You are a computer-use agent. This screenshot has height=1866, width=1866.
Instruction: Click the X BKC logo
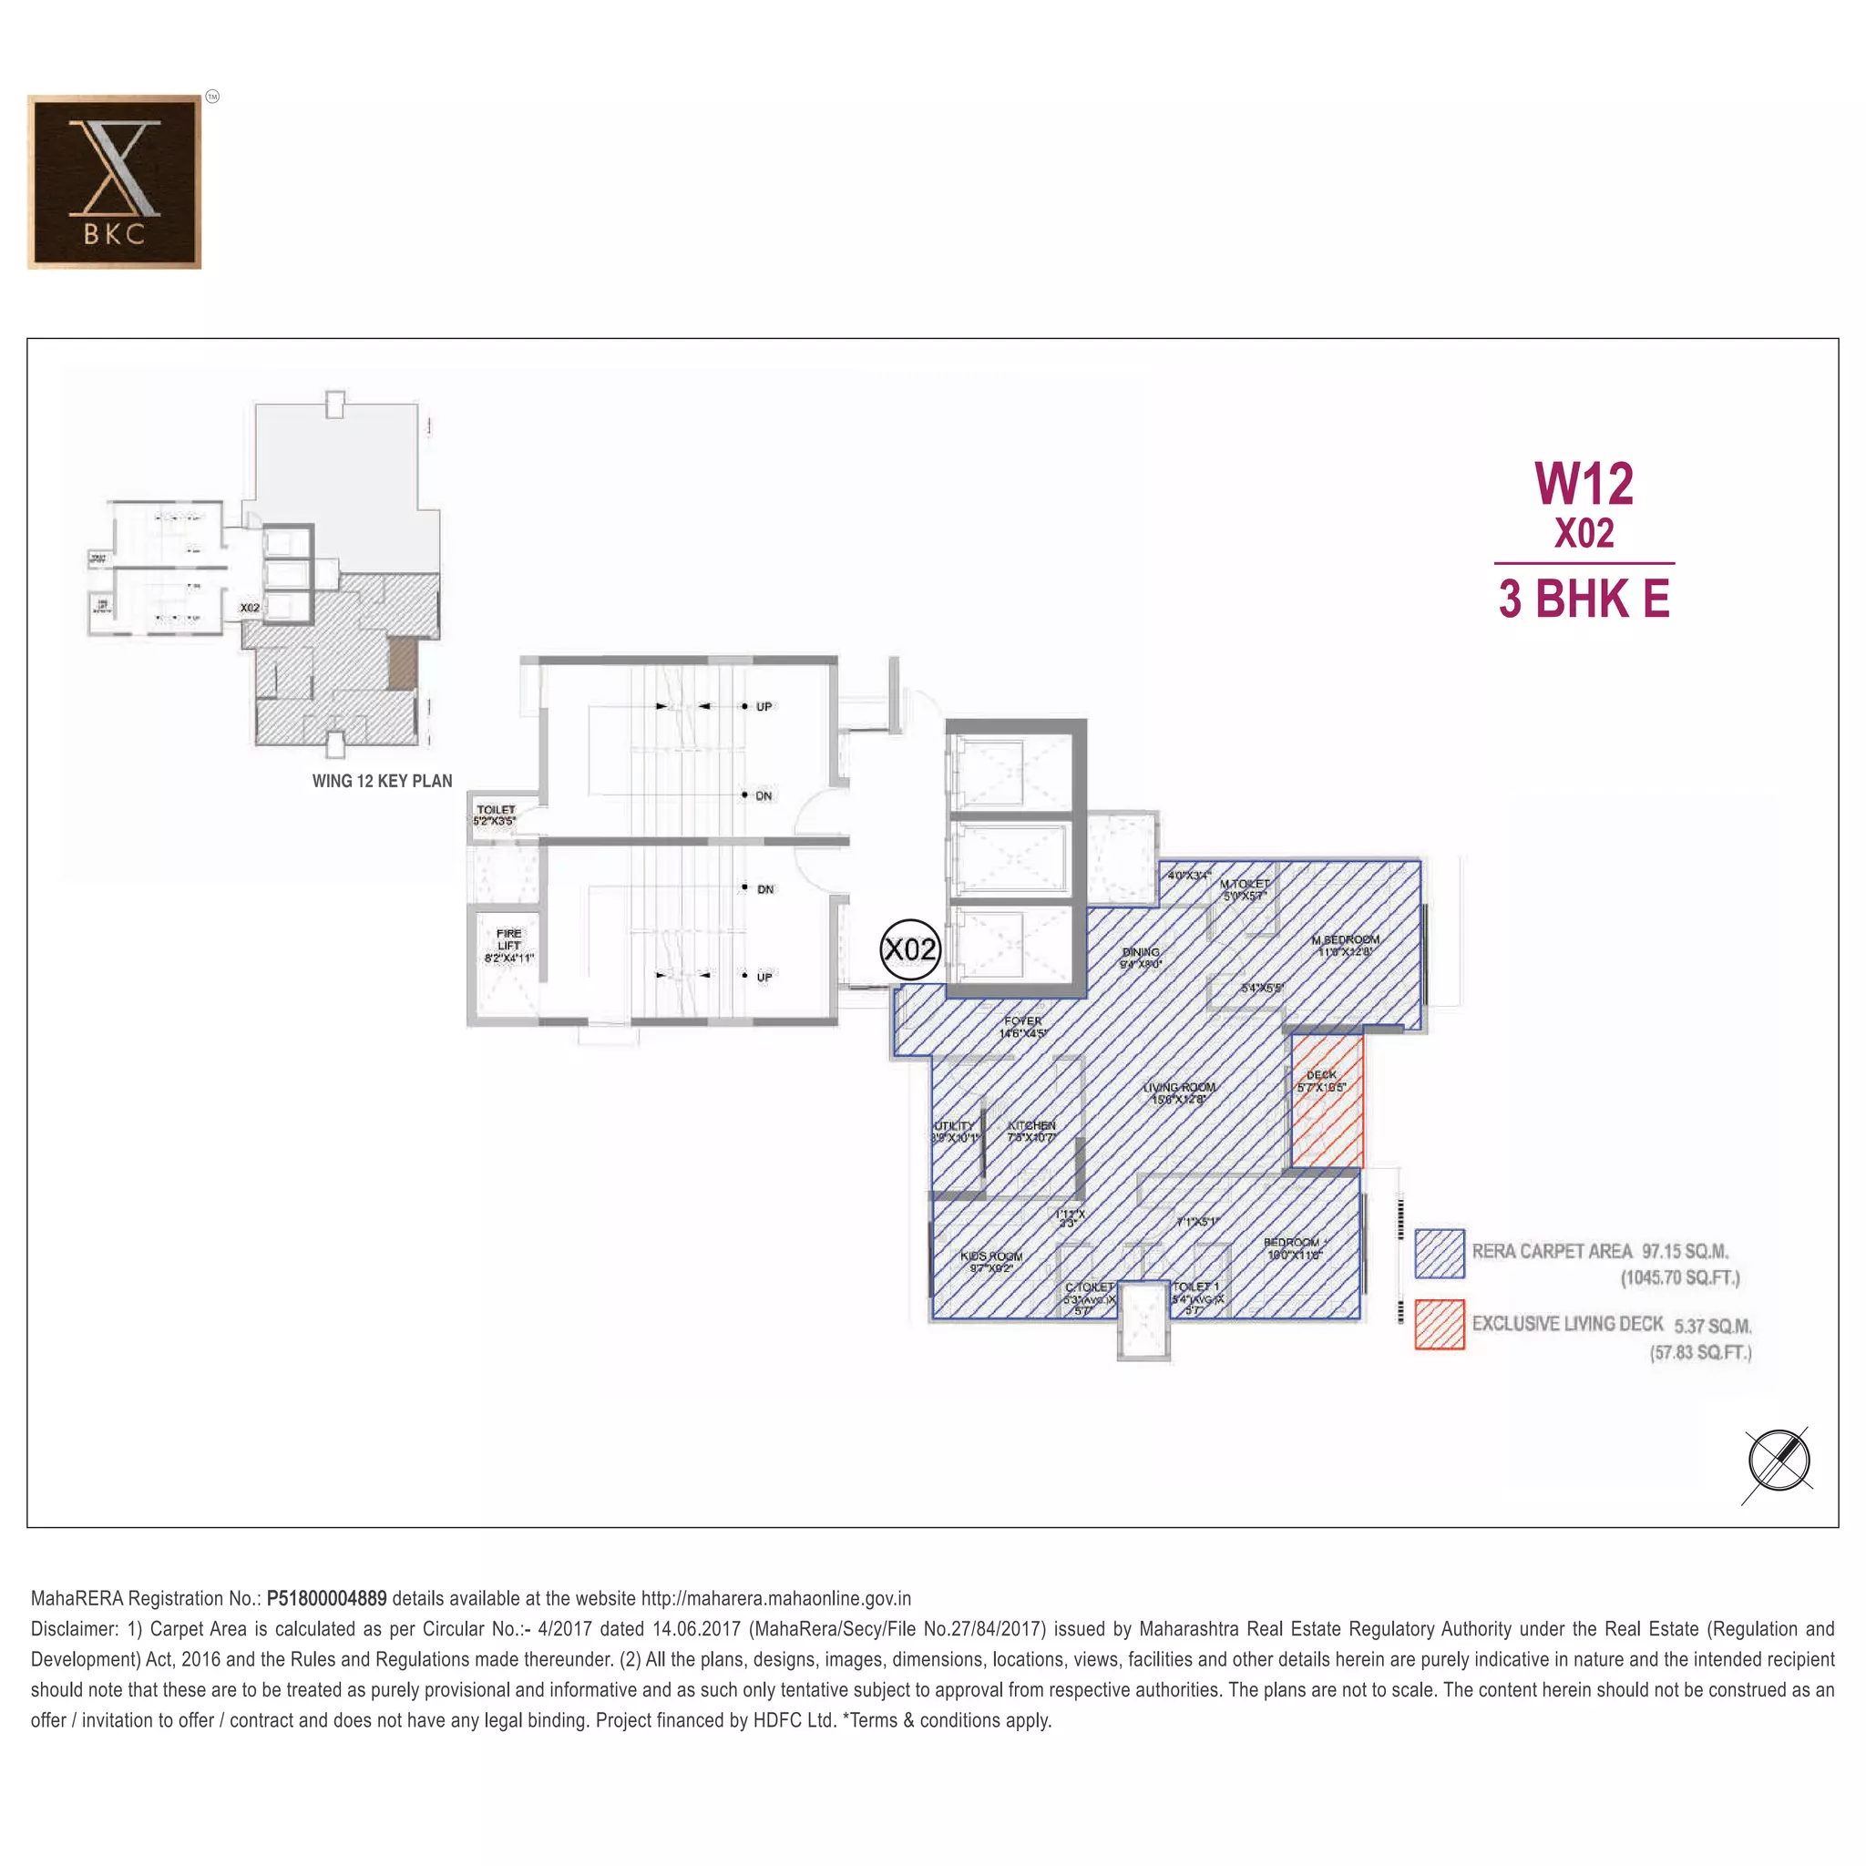tap(114, 181)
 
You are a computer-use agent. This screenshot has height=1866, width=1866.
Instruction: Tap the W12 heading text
tap(1584, 484)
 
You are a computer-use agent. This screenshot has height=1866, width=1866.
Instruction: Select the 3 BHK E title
tap(1584, 599)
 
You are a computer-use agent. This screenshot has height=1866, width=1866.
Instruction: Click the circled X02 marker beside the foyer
tap(910, 949)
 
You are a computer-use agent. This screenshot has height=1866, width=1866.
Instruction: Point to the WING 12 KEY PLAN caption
tap(382, 782)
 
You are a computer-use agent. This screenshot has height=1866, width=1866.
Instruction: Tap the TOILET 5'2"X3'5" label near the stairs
tap(496, 815)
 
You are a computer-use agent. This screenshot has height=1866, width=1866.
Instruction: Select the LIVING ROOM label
tap(1178, 1093)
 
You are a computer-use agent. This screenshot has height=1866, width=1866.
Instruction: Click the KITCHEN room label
tap(1031, 1131)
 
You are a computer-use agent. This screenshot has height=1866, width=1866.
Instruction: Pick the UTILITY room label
tap(954, 1131)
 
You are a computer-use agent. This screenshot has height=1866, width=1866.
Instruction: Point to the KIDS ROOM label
tap(991, 1261)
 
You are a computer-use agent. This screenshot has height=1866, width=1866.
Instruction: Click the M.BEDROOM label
tap(1345, 945)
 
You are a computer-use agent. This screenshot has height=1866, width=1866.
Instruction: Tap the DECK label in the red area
tap(1321, 1081)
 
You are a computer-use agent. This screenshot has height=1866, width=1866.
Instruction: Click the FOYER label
tap(1022, 1026)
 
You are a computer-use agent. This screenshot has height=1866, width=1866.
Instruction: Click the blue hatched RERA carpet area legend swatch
tap(1439, 1253)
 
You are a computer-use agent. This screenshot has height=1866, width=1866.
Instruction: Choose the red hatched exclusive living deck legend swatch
tap(1439, 1324)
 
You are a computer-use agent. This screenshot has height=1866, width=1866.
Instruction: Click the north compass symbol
tap(1779, 1461)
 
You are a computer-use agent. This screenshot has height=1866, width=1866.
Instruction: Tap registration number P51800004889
tap(326, 1598)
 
